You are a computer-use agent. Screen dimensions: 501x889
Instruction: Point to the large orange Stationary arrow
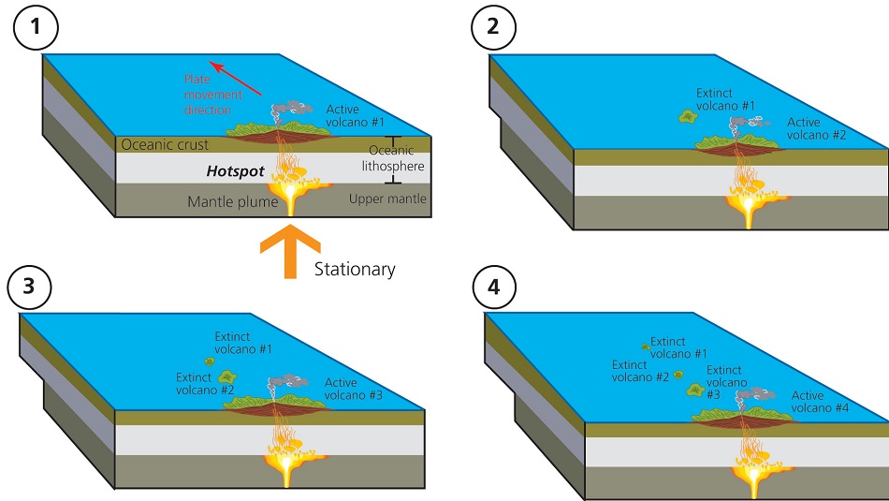[290, 251]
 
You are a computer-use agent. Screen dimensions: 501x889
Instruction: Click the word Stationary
[355, 270]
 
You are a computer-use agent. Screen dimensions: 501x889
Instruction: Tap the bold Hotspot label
[237, 172]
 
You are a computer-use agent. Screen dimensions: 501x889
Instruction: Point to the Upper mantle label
[386, 199]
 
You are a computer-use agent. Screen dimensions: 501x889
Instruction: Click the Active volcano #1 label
[355, 116]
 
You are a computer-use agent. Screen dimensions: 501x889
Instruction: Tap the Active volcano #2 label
[816, 128]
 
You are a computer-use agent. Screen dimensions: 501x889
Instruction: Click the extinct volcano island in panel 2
[688, 118]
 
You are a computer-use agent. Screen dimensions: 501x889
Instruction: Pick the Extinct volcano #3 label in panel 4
[726, 383]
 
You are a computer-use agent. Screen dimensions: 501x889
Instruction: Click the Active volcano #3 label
[354, 389]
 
